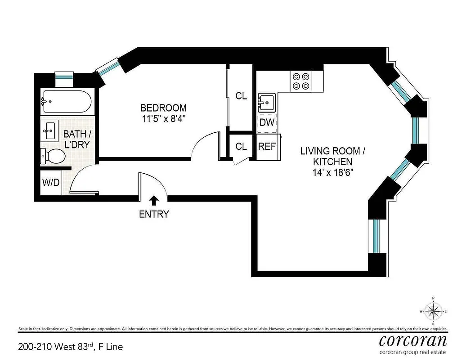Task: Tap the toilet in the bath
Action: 54,156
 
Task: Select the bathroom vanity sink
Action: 49,131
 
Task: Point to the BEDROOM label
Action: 163,108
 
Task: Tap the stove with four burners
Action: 301,81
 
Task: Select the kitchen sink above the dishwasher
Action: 267,103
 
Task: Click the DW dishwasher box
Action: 267,122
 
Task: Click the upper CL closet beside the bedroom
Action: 241,96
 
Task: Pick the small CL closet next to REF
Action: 241,147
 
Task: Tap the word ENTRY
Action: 154,214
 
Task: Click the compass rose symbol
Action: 433,310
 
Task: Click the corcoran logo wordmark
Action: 413,340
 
